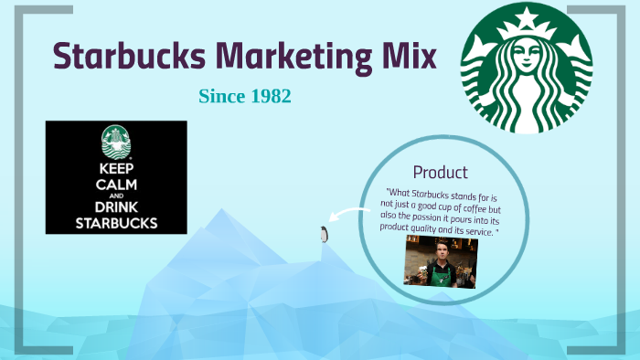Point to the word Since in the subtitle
(x=219, y=96)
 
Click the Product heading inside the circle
(x=440, y=172)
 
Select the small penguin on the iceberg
(x=323, y=235)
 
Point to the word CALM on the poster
(x=116, y=184)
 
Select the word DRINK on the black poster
(x=116, y=207)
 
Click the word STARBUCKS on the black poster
(x=116, y=222)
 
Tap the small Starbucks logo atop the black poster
(x=116, y=141)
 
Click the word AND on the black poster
(x=116, y=196)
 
